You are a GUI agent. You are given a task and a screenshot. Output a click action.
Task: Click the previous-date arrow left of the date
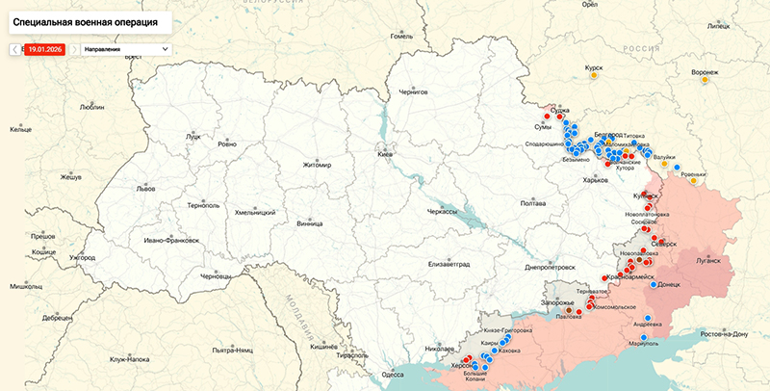click(13, 48)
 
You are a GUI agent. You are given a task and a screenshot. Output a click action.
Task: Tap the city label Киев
click(385, 154)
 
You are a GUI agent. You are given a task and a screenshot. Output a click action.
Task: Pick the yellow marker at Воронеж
click(706, 81)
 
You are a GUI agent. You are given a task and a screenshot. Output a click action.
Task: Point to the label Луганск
click(707, 260)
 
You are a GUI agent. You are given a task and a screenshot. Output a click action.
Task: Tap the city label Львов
click(145, 189)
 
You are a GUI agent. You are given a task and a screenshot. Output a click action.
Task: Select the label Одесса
click(392, 374)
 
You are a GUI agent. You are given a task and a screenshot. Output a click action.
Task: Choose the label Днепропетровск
click(551, 267)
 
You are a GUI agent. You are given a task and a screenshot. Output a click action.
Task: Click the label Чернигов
click(412, 92)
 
